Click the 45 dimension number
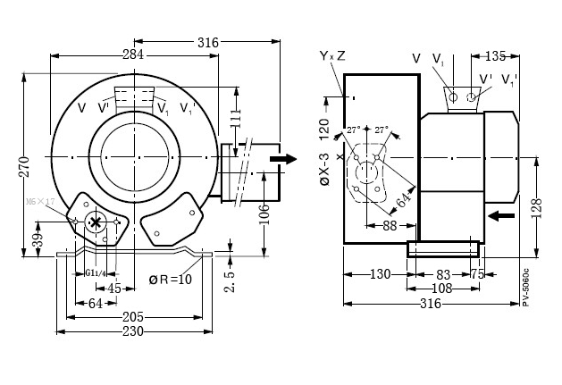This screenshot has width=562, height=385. coord(113,288)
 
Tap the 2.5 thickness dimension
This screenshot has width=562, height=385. coord(229,276)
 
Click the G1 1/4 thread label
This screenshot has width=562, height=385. coord(96,272)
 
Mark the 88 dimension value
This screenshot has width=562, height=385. coord(390,226)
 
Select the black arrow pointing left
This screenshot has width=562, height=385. coord(501,215)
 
